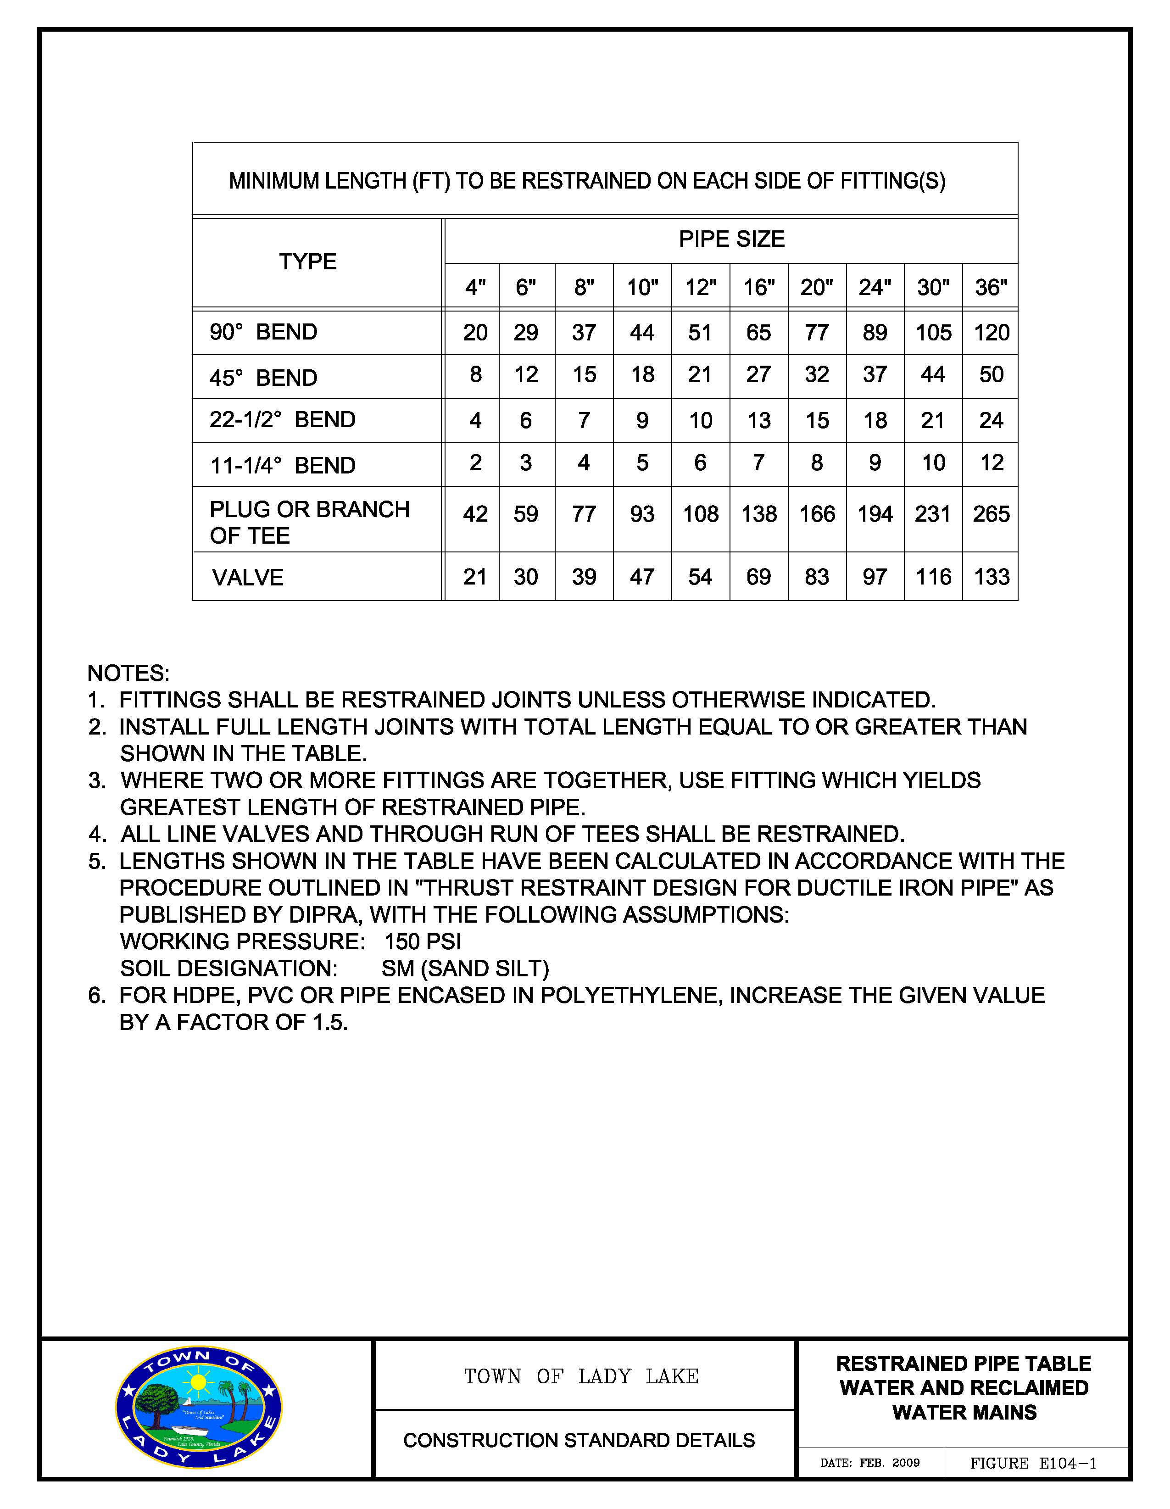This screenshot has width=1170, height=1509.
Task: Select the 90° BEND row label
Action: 263,332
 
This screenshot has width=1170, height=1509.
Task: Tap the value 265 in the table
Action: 991,514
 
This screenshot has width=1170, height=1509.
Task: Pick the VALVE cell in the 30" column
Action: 933,576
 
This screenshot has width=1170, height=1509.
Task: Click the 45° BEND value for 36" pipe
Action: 991,374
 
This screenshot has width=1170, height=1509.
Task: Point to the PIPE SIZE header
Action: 731,239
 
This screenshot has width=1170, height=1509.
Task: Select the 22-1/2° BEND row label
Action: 282,419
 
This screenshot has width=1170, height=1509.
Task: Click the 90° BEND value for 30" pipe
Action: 933,332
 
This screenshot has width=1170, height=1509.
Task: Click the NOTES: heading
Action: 128,673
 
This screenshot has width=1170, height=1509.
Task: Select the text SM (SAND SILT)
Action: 465,968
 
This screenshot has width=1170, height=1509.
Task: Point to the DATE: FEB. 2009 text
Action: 869,1463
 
